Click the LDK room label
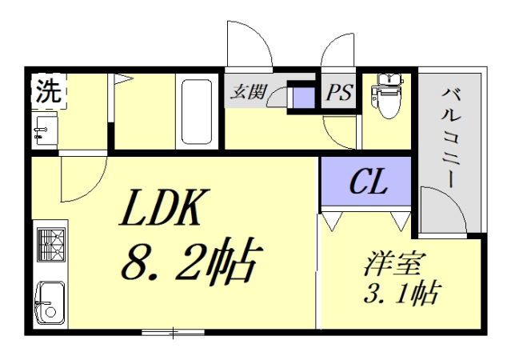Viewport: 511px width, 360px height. coord(164,210)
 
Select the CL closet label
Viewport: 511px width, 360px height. coord(368,183)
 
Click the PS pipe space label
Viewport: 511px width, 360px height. coord(338,93)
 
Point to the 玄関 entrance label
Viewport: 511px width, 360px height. coord(249,91)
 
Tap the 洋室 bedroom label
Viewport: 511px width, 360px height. coord(395,263)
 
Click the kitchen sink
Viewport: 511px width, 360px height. coord(50,301)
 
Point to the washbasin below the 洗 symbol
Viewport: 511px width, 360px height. coord(44,130)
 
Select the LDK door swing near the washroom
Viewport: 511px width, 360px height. coord(83,179)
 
